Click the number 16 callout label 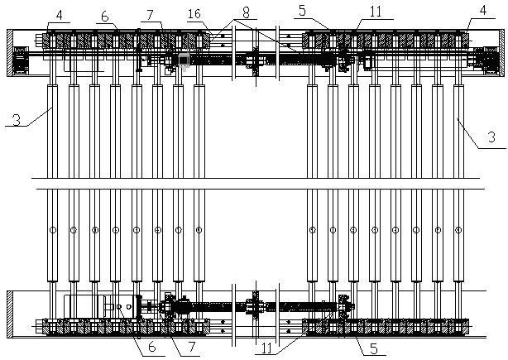(x=194, y=14)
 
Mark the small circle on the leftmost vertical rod (x=52, y=230)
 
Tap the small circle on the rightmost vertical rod (x=458, y=230)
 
